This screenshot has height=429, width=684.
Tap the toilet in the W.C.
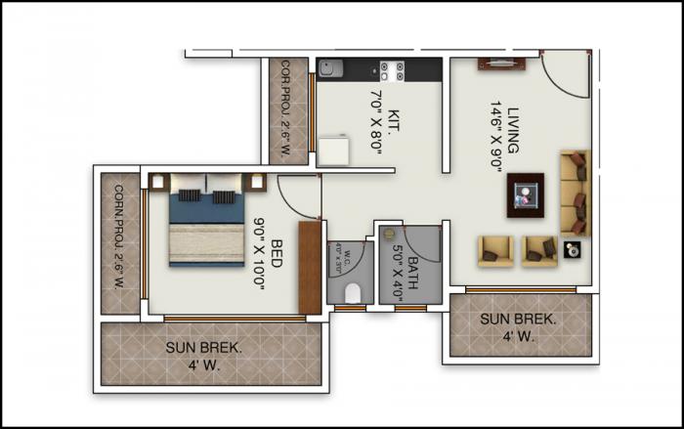click(x=353, y=291)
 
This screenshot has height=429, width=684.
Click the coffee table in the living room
click(x=526, y=193)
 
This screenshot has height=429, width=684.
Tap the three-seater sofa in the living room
click(x=575, y=193)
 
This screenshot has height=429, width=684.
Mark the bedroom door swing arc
click(x=298, y=195)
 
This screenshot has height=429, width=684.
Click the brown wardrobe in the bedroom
click(x=311, y=267)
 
